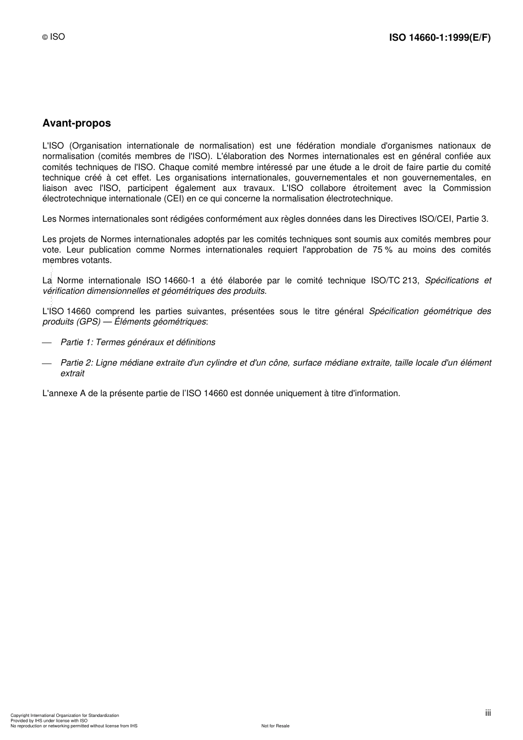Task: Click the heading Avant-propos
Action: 77,123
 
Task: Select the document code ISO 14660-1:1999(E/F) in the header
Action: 440,37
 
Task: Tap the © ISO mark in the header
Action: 54,37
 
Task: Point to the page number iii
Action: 488,712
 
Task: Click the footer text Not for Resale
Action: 275,726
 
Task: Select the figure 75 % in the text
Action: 382,250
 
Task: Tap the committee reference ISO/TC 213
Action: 394,281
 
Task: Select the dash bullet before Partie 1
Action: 47,343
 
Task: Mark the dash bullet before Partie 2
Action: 47,363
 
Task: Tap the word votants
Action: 97,260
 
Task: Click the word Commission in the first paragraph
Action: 467,188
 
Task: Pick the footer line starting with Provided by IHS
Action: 49,720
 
